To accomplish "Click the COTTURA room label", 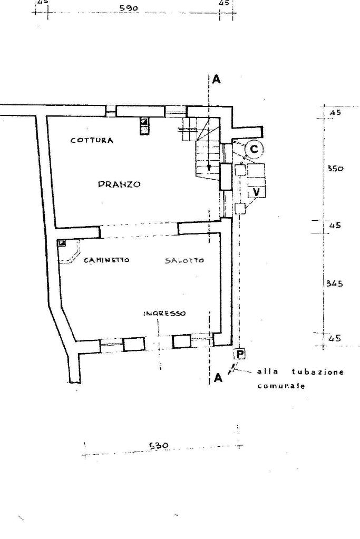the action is click(92, 140).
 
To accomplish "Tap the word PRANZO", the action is click(119, 184).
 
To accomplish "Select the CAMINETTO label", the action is click(106, 260).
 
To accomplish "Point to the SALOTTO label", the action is click(184, 261).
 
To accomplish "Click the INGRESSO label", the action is click(164, 313).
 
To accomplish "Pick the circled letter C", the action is click(254, 150).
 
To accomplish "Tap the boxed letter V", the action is click(257, 192).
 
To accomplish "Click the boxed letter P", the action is click(240, 354).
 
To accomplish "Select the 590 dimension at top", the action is click(129, 8).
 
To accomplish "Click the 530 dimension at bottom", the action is click(159, 446).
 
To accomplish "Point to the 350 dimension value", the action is click(335, 169).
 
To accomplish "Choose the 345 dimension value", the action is click(335, 283).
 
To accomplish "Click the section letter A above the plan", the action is click(216, 80).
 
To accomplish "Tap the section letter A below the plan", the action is click(218, 378).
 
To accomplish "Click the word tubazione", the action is click(318, 372).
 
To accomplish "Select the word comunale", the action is click(281, 386).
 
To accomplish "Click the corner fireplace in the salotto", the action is click(69, 251).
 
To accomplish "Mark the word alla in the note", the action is click(268, 371).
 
